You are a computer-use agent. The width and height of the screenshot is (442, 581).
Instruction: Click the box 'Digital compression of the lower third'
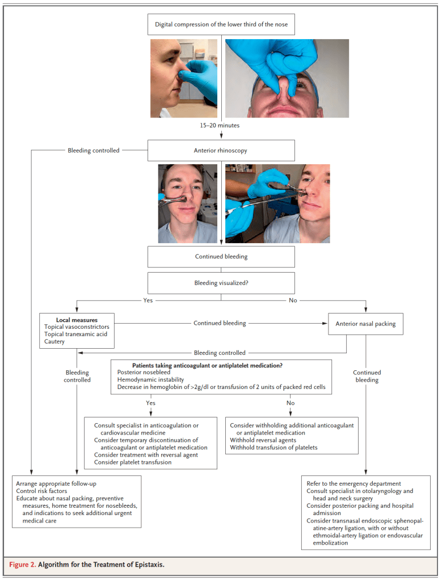click(221, 24)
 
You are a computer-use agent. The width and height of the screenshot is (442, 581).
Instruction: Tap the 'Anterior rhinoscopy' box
click(221, 151)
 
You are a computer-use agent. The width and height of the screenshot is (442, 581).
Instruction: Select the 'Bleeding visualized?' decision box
click(221, 283)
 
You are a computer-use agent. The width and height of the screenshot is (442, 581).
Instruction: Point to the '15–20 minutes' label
click(221, 124)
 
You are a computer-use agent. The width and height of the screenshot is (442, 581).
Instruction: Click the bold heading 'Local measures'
click(77, 320)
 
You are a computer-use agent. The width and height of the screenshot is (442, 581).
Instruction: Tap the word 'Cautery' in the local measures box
click(54, 342)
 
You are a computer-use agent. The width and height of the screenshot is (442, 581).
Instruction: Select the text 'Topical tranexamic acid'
click(76, 335)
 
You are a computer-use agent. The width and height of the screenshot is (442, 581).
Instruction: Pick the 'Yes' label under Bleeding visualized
click(149, 300)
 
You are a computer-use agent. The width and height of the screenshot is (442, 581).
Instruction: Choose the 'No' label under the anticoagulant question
click(291, 403)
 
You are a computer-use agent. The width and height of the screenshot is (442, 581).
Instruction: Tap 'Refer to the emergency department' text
click(353, 483)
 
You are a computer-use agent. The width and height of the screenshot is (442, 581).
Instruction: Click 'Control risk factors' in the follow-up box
click(41, 491)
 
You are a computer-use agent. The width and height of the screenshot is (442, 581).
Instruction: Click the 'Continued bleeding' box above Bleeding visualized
click(221, 257)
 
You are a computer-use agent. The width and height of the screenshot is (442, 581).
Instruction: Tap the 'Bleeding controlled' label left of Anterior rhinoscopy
click(94, 151)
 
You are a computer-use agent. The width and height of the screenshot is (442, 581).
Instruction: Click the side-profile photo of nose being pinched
click(183, 78)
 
